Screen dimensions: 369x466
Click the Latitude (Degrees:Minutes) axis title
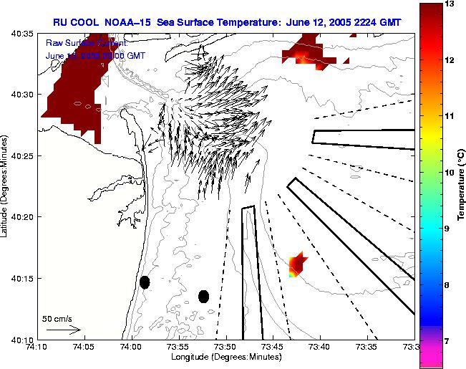point(5,186)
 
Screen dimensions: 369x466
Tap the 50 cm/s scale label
point(57,318)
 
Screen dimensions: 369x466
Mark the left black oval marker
point(145,282)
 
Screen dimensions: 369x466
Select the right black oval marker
point(203,297)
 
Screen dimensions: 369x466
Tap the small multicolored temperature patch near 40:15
point(297,265)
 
